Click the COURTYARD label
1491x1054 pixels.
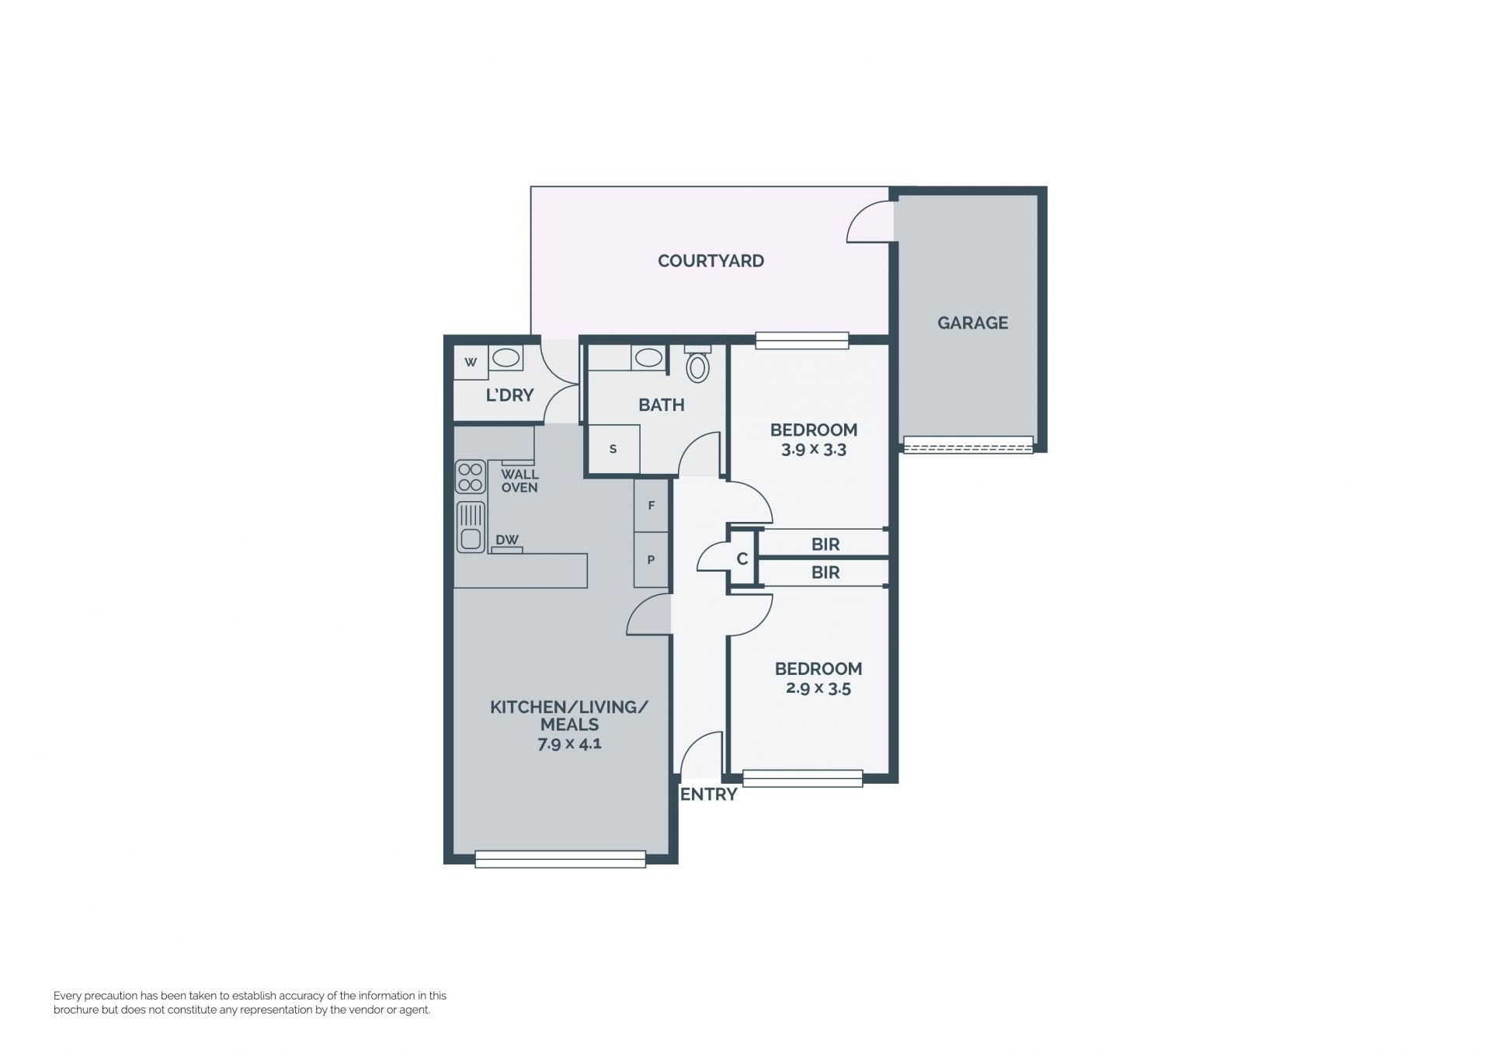(711, 261)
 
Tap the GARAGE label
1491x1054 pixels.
(972, 322)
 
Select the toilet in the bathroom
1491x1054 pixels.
(698, 364)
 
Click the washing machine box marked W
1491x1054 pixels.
(471, 362)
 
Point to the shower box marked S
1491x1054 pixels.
(613, 448)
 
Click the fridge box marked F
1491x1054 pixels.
(651, 506)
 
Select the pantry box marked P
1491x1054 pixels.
(651, 559)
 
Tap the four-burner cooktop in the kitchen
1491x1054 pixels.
(470, 477)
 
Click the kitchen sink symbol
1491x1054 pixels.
(471, 527)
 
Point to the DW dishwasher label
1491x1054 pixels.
(507, 540)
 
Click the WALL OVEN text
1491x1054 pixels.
(520, 481)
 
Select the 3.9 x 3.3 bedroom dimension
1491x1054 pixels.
(814, 450)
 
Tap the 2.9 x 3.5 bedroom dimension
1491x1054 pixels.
(818, 688)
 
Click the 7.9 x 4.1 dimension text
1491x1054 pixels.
(569, 743)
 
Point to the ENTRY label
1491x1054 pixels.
(708, 795)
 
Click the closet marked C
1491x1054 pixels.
(742, 558)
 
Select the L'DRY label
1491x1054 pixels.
(509, 395)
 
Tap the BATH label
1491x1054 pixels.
(662, 405)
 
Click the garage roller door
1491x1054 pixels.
(968, 445)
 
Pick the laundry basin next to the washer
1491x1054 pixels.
(506, 358)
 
